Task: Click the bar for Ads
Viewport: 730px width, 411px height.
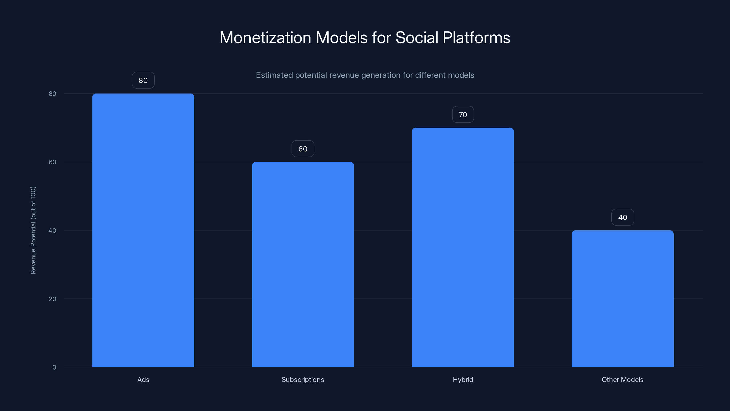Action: click(143, 230)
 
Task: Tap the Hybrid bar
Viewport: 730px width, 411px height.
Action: click(463, 247)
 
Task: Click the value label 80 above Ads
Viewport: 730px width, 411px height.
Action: click(143, 80)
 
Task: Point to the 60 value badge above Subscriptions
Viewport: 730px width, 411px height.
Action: click(303, 149)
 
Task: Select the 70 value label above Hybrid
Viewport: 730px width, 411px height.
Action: click(463, 115)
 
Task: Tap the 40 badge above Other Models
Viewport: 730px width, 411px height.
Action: click(622, 217)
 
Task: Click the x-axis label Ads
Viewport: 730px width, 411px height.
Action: click(143, 379)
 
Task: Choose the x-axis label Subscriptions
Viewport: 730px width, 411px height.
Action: click(303, 379)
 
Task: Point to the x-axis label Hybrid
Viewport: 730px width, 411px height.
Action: click(463, 379)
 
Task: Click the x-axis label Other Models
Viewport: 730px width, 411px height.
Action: click(622, 379)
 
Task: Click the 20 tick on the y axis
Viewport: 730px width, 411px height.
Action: click(52, 299)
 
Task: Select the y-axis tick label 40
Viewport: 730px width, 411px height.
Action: click(52, 230)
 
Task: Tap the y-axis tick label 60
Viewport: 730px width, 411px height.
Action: click(52, 162)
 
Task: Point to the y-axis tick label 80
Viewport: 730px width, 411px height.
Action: click(52, 94)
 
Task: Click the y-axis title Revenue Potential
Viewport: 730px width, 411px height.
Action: click(33, 230)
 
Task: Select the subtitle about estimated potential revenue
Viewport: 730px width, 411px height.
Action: click(365, 75)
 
